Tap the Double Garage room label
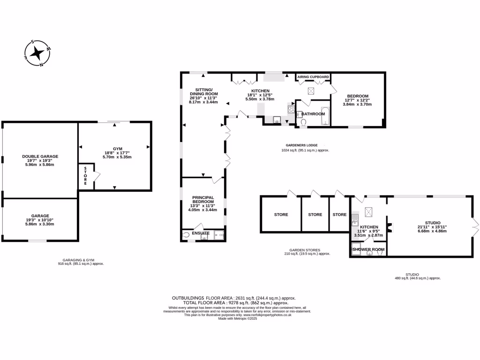coord(40,157)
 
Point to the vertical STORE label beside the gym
coord(85,176)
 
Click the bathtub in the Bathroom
coord(325,117)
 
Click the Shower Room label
coord(368,249)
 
